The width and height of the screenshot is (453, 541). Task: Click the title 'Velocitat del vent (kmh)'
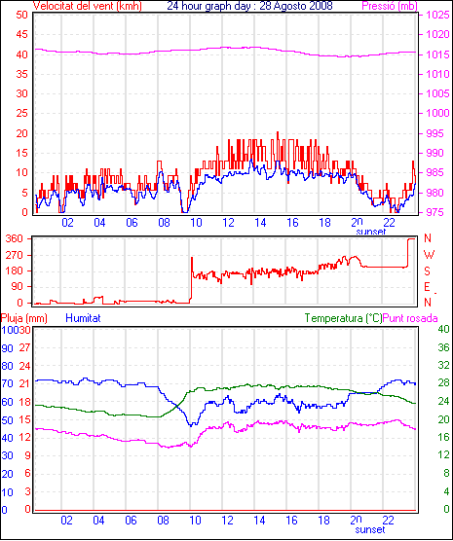pyautogui.click(x=87, y=6)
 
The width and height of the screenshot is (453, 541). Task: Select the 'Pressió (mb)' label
pyautogui.click(x=390, y=6)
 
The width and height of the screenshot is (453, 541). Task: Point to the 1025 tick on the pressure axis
pyautogui.click(x=437, y=15)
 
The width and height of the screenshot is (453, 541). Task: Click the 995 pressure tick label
pyautogui.click(x=434, y=133)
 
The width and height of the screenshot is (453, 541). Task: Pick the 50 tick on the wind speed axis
pyautogui.click(x=21, y=15)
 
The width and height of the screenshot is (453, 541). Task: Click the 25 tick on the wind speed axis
pyautogui.click(x=21, y=114)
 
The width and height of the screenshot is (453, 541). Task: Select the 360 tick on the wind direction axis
pyautogui.click(x=15, y=238)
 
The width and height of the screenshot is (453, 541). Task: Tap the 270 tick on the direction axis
pyautogui.click(x=15, y=255)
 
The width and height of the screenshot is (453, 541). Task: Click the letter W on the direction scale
pyautogui.click(x=429, y=255)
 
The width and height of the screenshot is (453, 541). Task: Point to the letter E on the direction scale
pyautogui.click(x=427, y=287)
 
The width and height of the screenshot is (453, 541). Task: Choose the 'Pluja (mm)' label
pyautogui.click(x=23, y=318)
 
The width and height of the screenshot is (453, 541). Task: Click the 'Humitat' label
pyautogui.click(x=83, y=318)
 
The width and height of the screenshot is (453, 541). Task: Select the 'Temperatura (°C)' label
pyautogui.click(x=344, y=318)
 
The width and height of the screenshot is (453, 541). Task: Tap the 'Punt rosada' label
pyautogui.click(x=410, y=318)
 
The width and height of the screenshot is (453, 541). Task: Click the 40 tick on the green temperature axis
pyautogui.click(x=443, y=329)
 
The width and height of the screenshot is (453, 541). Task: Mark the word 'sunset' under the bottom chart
pyautogui.click(x=370, y=529)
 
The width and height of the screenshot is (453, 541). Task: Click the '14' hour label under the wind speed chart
pyautogui.click(x=260, y=223)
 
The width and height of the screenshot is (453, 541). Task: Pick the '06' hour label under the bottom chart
pyautogui.click(x=131, y=521)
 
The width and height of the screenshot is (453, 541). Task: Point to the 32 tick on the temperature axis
pyautogui.click(x=443, y=365)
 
